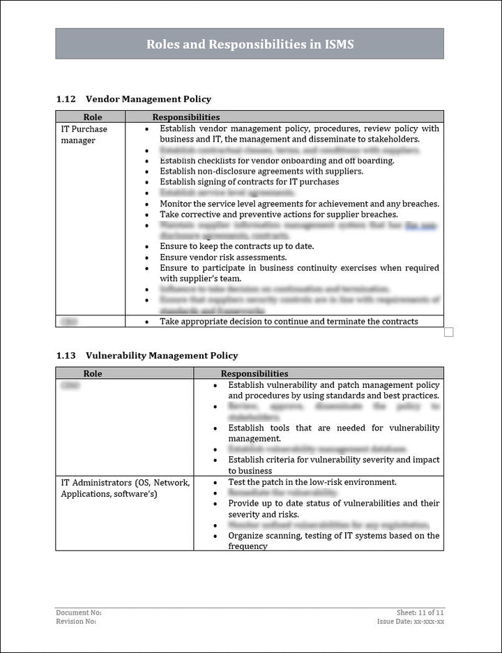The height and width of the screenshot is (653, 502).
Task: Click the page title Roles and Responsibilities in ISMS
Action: click(x=250, y=44)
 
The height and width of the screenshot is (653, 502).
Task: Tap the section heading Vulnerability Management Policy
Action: click(x=161, y=356)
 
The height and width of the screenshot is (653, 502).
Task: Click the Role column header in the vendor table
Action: click(x=92, y=117)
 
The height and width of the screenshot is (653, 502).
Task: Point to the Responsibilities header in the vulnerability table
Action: click(x=254, y=374)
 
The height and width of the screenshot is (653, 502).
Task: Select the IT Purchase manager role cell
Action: click(x=84, y=135)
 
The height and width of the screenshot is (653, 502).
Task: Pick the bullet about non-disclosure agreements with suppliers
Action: click(x=261, y=171)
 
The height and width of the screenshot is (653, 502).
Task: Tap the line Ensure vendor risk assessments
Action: click(x=222, y=257)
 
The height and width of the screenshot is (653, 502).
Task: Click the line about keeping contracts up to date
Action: click(x=236, y=246)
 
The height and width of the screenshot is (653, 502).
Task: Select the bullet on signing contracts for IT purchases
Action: click(x=249, y=182)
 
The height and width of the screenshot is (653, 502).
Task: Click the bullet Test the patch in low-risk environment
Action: click(x=312, y=482)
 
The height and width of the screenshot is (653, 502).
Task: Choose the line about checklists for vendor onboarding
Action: click(x=277, y=160)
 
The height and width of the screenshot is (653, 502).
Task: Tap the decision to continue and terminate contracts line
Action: click(x=289, y=322)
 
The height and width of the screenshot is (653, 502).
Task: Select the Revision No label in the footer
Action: click(x=76, y=621)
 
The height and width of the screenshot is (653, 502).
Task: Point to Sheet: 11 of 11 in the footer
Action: click(x=420, y=613)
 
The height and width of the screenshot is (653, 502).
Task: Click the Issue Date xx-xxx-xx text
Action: click(x=411, y=621)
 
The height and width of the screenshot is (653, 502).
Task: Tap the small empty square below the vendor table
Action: click(x=448, y=332)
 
